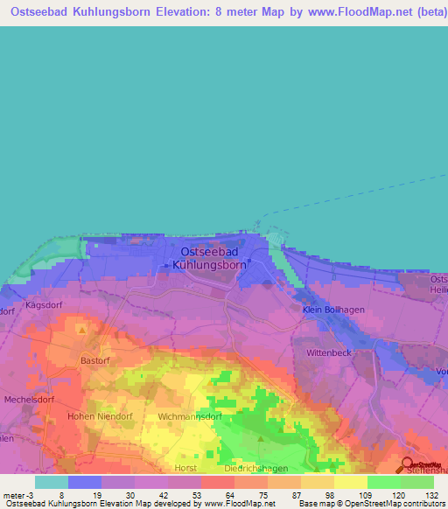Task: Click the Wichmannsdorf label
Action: coord(189,417)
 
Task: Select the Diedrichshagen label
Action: coord(255,468)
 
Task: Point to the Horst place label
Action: coord(185,468)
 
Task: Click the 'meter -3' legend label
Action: coord(18,495)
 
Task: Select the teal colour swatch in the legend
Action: coord(52,482)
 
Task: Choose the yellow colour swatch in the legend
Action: coord(350,482)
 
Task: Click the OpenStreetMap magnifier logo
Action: coord(406,464)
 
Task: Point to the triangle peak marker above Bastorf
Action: coord(82,331)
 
